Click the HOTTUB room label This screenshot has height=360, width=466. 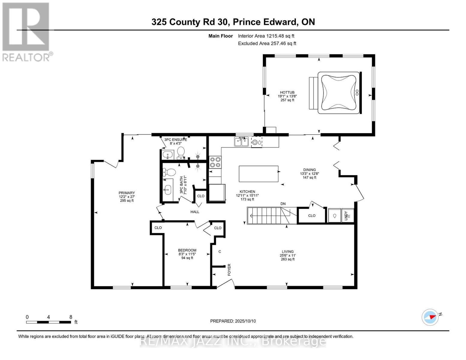(287, 93)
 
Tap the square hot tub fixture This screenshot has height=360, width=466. (338, 92)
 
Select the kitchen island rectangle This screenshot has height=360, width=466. (258, 174)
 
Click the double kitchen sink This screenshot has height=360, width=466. (241, 142)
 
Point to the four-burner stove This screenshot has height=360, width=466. (215, 162)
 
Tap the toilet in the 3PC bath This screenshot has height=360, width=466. (170, 172)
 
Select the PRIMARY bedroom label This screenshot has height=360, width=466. (127, 193)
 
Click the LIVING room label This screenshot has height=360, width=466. (287, 252)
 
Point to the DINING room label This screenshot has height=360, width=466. (309, 170)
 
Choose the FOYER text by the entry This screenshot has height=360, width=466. (229, 269)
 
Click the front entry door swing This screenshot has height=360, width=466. (226, 283)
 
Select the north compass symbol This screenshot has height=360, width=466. (430, 317)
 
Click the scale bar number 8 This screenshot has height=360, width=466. (71, 317)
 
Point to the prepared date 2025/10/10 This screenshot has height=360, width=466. (233, 321)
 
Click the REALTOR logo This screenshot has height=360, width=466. (26, 31)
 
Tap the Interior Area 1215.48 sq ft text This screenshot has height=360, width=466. (266, 36)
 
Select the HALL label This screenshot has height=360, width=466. (195, 212)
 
